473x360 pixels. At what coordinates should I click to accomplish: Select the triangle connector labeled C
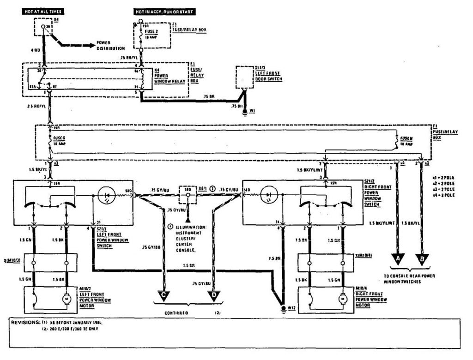coord(164,294)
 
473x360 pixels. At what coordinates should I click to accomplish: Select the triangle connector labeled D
coord(214,294)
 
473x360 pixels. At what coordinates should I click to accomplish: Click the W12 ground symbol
coord(283,307)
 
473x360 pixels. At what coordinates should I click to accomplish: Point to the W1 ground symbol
coord(245,111)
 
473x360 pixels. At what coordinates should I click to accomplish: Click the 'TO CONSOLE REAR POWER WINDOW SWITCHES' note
coord(410,278)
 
